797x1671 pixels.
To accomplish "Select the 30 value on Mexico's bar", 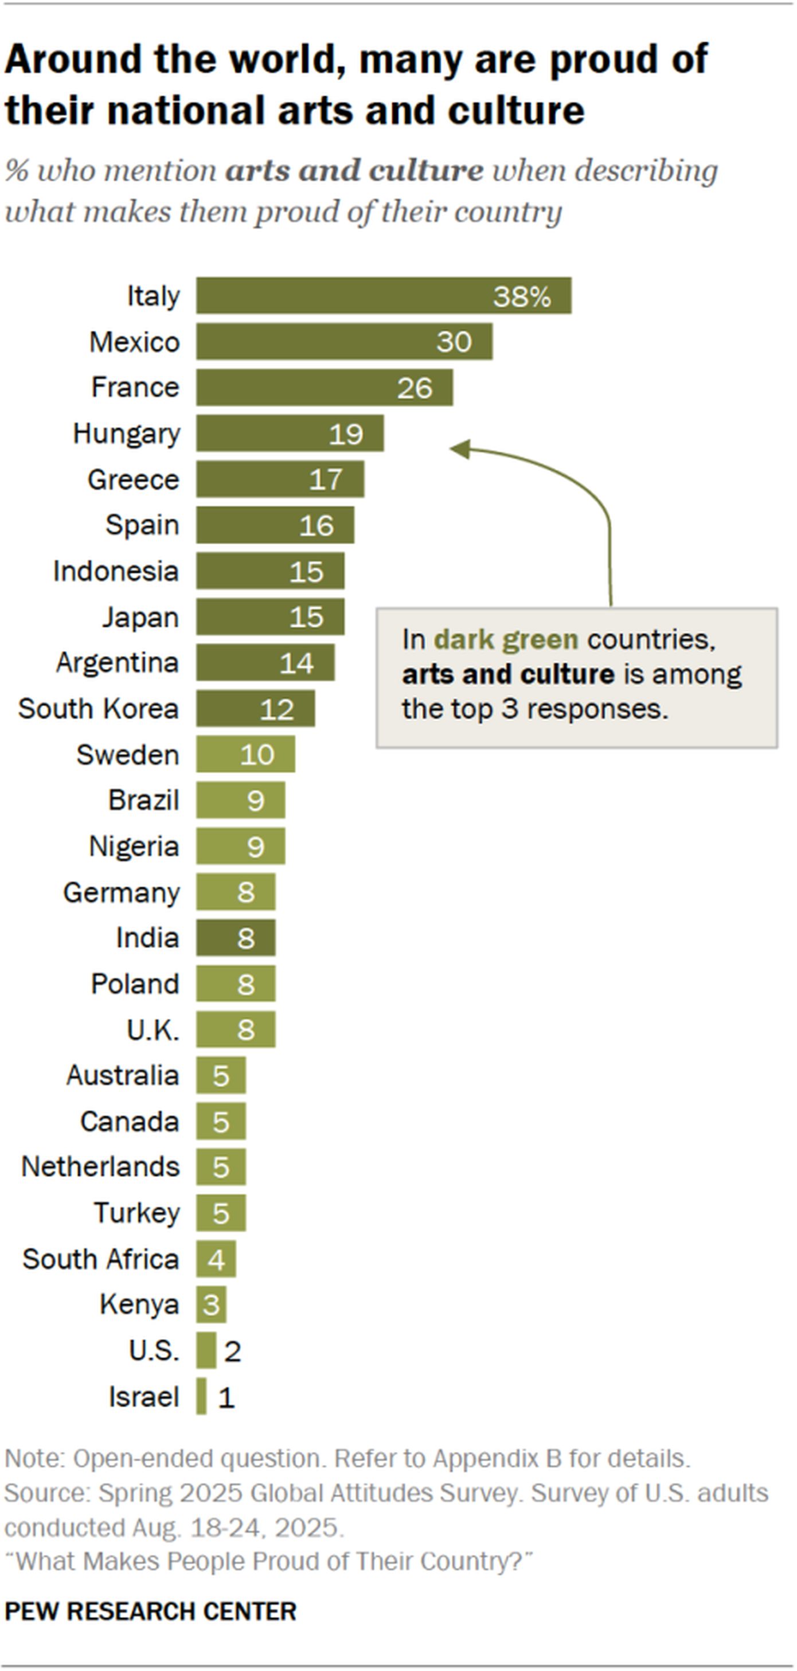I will [454, 342].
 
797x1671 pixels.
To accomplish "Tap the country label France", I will [135, 387].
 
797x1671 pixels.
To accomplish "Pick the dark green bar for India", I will [236, 938].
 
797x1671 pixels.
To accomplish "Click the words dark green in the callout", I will [506, 639].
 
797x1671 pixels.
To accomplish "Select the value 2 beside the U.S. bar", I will [232, 1351].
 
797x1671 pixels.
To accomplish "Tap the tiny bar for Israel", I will [202, 1396].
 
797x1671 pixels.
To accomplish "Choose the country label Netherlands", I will [100, 1167].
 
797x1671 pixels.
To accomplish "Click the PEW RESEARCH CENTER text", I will [150, 1611].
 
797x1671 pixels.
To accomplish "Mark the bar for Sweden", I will [245, 755].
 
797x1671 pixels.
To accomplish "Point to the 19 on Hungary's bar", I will [346, 434].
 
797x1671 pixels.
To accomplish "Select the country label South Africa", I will [100, 1259].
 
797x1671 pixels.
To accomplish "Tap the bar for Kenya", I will [211, 1305].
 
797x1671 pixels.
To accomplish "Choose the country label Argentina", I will [118, 663].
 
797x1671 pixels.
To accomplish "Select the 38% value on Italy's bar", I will [521, 296].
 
